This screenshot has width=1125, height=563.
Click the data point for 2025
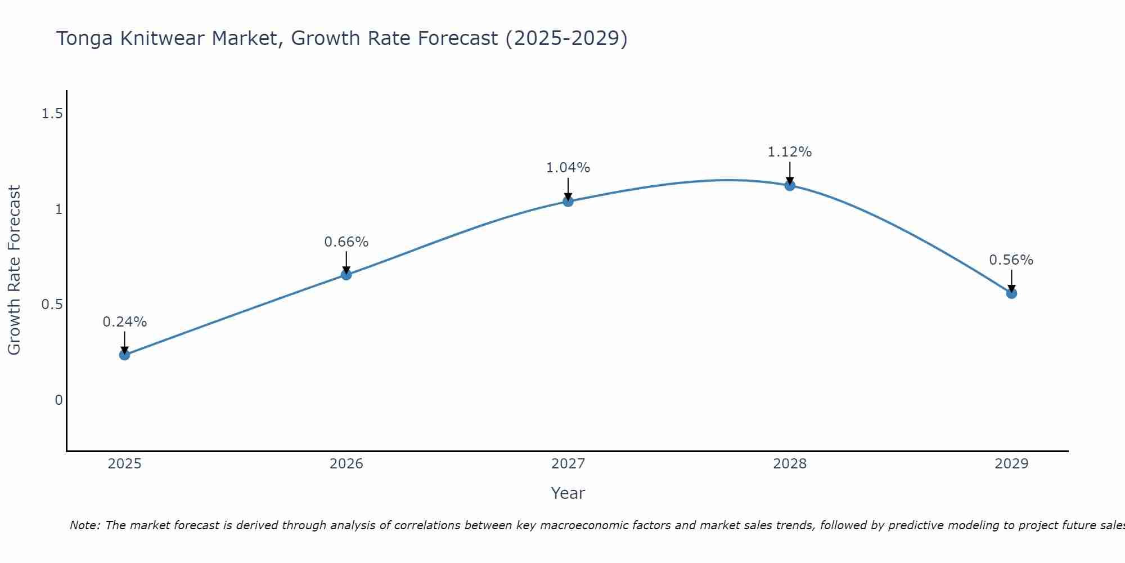(x=124, y=355)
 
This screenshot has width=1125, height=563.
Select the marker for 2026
(x=346, y=275)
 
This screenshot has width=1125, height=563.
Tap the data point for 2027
(x=568, y=201)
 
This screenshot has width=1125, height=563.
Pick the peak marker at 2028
(x=790, y=185)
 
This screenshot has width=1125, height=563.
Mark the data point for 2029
(x=1011, y=293)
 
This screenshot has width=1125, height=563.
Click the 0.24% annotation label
(x=124, y=322)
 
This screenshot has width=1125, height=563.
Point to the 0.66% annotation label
(x=346, y=242)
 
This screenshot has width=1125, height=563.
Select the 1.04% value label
(x=568, y=168)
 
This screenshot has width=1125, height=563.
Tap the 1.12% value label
(x=790, y=152)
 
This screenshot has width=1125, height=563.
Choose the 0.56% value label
(x=1011, y=260)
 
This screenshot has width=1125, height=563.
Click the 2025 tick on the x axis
(x=124, y=464)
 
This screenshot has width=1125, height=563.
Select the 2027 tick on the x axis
(x=568, y=464)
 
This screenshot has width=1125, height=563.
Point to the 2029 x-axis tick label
(x=1011, y=464)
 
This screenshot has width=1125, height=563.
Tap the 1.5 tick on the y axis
(x=52, y=114)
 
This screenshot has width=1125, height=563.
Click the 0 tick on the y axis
(x=58, y=400)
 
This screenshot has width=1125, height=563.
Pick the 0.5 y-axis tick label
(x=52, y=305)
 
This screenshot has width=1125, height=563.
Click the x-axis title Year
(x=568, y=493)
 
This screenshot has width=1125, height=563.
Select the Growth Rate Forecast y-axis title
(x=14, y=270)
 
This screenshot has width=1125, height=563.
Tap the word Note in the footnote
(x=84, y=525)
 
